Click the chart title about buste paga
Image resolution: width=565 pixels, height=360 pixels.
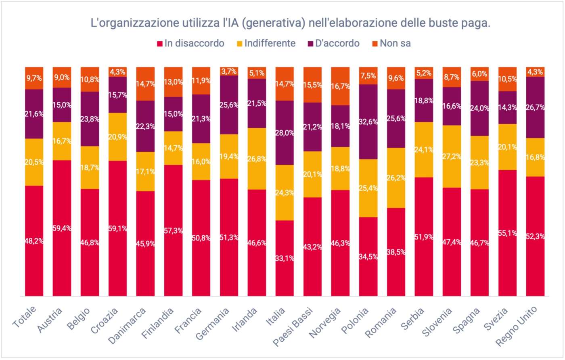pyautogui.click(x=291, y=23)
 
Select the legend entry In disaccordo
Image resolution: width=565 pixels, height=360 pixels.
pyautogui.click(x=190, y=44)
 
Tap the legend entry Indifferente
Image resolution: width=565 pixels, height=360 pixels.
pyautogui.click(x=266, y=44)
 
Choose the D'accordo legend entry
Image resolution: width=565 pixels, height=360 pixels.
pyautogui.click(x=333, y=44)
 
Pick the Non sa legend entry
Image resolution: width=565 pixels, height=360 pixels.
pyautogui.click(x=391, y=44)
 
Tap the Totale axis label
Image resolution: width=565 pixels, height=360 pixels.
pyautogui.click(x=25, y=317)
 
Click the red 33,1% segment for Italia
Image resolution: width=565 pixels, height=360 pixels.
pyautogui.click(x=285, y=258)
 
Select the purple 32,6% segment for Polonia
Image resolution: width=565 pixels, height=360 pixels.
pyautogui.click(x=368, y=121)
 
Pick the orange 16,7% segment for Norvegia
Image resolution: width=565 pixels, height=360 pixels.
pyautogui.click(x=340, y=86)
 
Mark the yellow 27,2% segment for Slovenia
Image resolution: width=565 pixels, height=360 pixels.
pyautogui.click(x=452, y=156)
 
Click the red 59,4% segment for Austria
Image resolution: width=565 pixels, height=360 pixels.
pyautogui.click(x=62, y=228)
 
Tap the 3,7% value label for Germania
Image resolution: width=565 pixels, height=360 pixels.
pyautogui.click(x=229, y=71)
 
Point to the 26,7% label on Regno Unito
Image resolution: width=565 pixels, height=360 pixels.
pyautogui.click(x=535, y=107)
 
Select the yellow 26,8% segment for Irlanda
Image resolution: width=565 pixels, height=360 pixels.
pyautogui.click(x=257, y=159)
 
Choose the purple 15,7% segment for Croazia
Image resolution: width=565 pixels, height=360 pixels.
pyautogui.click(x=117, y=95)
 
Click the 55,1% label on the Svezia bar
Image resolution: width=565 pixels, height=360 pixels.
pyautogui.click(x=507, y=233)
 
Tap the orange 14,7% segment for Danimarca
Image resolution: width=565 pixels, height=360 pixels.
pyautogui.click(x=145, y=84)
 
